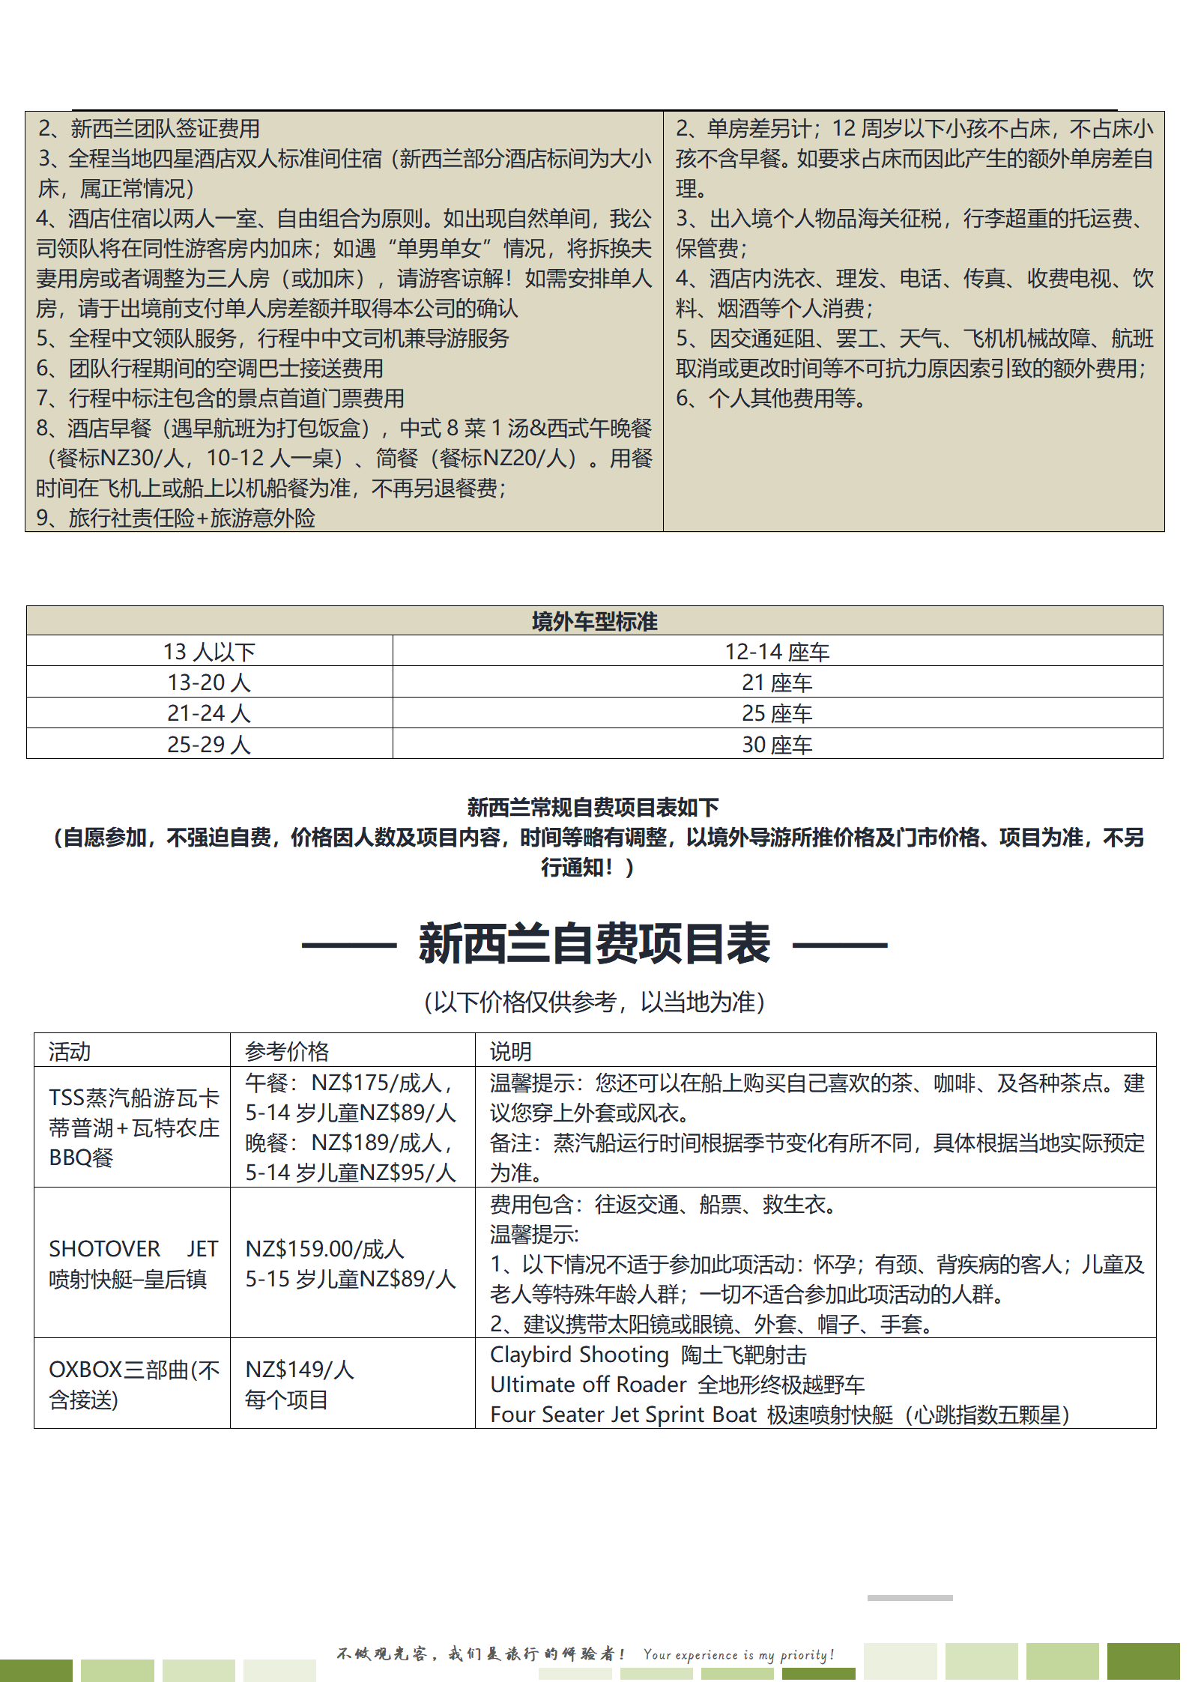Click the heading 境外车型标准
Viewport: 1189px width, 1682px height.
[594, 621]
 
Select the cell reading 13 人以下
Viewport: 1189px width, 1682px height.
[209, 652]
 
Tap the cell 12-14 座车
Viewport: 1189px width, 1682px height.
[777, 652]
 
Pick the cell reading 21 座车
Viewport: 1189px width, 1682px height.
[777, 683]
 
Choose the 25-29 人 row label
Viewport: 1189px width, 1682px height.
[209, 744]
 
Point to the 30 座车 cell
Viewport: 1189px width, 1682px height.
[777, 745]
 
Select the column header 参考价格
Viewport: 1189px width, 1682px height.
[287, 1051]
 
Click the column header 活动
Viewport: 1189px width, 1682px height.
[70, 1051]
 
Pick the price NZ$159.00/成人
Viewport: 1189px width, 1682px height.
[324, 1249]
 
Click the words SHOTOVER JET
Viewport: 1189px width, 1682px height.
[133, 1249]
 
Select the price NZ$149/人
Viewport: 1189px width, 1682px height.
[300, 1370]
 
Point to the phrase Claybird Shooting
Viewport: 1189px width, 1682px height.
[579, 1355]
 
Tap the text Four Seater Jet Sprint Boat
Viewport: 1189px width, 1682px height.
[623, 1415]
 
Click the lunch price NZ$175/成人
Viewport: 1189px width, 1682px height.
[381, 1083]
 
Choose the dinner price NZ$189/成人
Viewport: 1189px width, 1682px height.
[381, 1143]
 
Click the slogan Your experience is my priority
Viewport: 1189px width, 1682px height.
[738, 1654]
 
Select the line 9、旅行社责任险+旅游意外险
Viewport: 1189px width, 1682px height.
[176, 518]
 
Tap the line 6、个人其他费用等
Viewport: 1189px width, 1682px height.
[770, 398]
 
